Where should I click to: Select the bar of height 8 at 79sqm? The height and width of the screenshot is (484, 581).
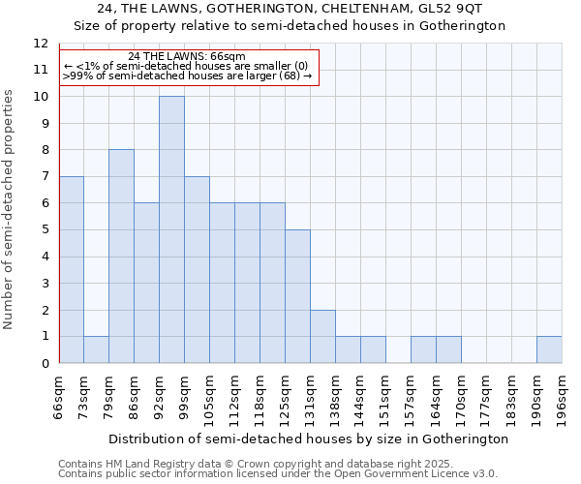[121, 257]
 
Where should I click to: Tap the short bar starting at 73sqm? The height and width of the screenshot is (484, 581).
[96, 349]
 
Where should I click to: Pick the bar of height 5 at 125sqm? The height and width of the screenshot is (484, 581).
[297, 296]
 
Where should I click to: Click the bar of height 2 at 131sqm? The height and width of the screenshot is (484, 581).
[322, 336]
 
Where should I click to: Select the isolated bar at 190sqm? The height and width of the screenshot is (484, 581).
[549, 349]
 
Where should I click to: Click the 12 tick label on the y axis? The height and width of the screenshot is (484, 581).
[40, 44]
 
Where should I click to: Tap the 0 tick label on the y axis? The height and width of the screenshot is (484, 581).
[44, 364]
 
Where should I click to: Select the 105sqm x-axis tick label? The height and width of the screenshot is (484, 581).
[209, 399]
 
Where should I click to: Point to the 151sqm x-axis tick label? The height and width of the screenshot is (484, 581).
[385, 399]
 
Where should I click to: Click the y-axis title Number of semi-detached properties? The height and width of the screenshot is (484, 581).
[10, 208]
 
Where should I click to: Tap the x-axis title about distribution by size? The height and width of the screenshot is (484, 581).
[308, 439]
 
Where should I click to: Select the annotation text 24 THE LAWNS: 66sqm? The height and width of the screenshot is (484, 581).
[186, 57]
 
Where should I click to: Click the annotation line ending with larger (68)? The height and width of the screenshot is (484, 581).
[187, 76]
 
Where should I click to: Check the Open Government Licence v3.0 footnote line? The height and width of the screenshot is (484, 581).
[277, 474]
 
